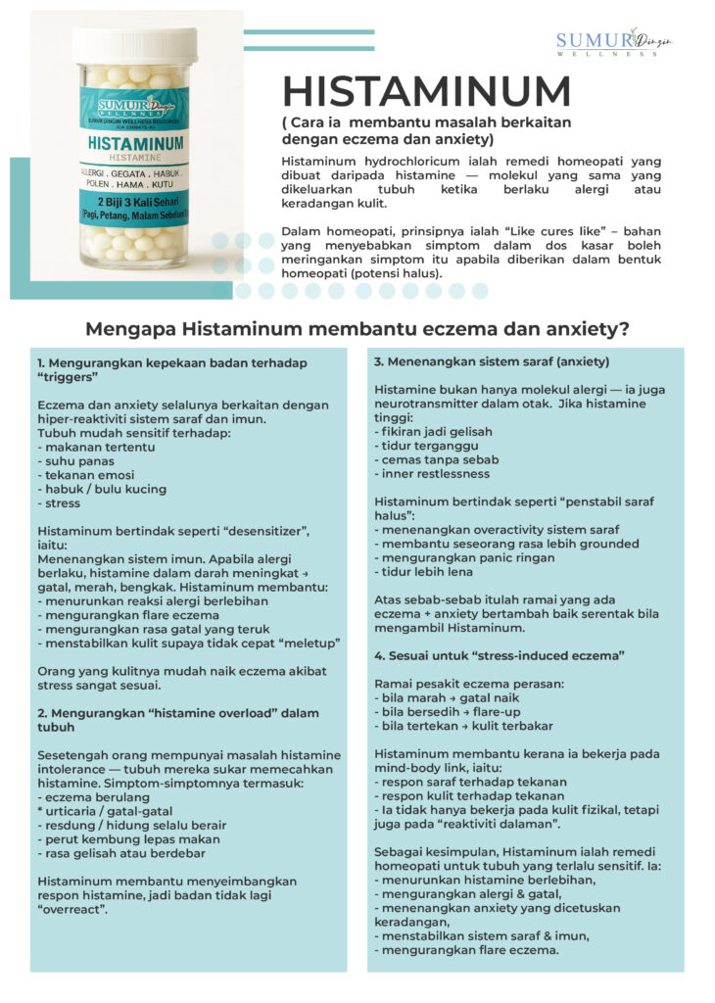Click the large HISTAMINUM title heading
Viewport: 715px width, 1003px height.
tap(426, 91)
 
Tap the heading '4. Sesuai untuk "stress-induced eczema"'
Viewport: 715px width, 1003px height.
tap(500, 653)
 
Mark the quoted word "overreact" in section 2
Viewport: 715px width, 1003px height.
tap(71, 910)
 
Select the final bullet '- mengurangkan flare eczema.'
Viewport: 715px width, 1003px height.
tap(466, 951)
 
